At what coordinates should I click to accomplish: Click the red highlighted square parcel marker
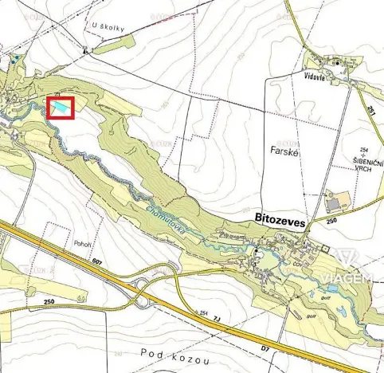click(x=61, y=108)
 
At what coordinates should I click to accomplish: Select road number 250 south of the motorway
click(x=49, y=301)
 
